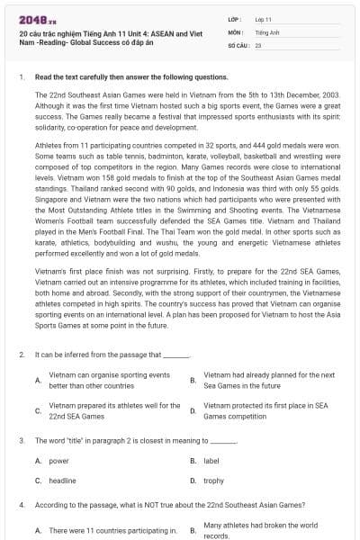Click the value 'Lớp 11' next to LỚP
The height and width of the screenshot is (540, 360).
(x=263, y=19)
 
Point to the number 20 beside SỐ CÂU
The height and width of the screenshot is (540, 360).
(x=258, y=44)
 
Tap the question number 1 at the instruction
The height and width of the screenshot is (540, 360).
(x=21, y=77)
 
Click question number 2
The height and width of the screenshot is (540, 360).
(x=21, y=355)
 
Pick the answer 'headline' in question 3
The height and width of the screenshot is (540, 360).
(x=62, y=481)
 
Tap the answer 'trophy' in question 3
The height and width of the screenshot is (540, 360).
(x=213, y=481)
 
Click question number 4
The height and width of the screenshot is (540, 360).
(x=21, y=505)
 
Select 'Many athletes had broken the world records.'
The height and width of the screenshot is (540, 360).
(x=260, y=530)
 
